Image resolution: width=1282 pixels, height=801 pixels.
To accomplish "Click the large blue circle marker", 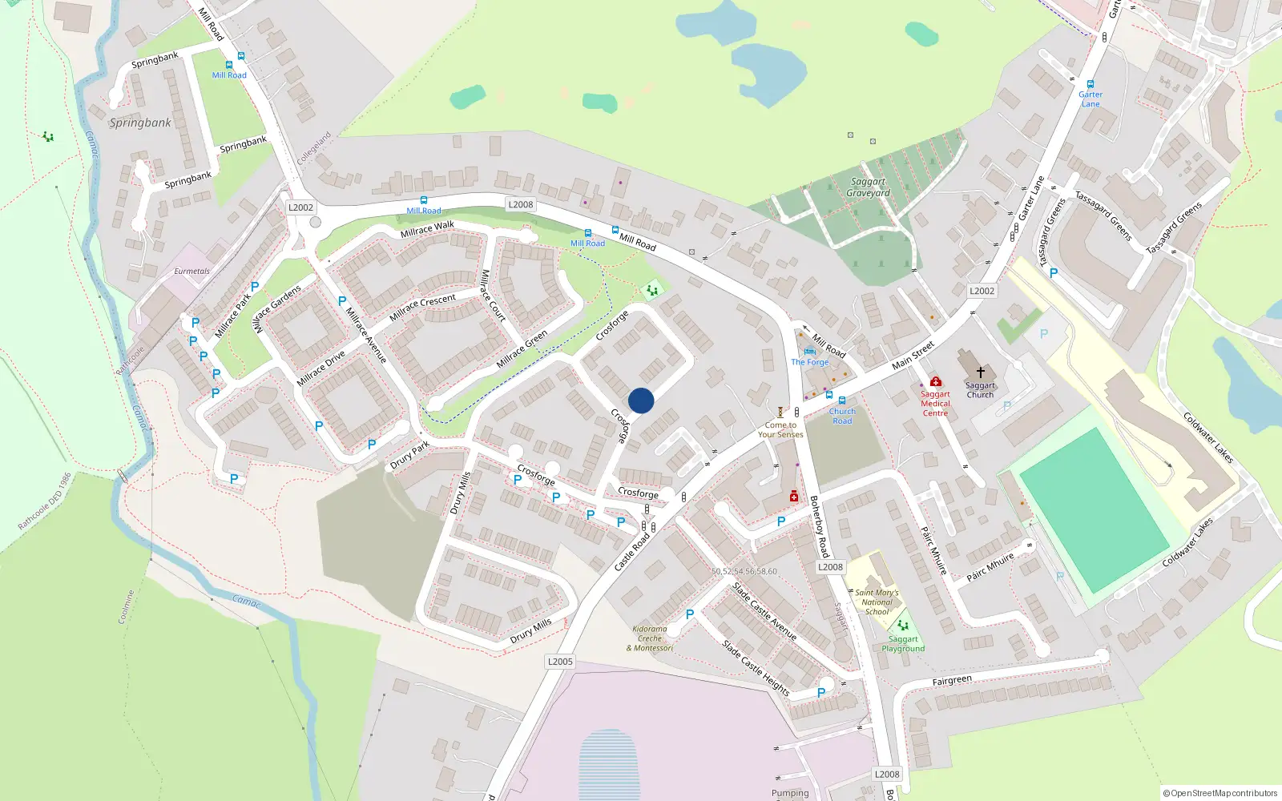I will pyautogui.click(x=641, y=400).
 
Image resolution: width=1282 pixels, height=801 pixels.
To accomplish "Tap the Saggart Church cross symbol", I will pyautogui.click(x=980, y=372).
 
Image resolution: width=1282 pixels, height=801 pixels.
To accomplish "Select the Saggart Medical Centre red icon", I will pyautogui.click(x=935, y=382).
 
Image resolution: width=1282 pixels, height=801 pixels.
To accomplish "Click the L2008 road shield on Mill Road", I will pyautogui.click(x=521, y=204).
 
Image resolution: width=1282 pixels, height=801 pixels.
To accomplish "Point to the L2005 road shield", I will pyautogui.click(x=560, y=661).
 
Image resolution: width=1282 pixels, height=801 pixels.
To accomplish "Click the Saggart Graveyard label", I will pyautogui.click(x=868, y=187).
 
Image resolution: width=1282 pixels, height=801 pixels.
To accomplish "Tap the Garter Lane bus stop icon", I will pyautogui.click(x=1090, y=84).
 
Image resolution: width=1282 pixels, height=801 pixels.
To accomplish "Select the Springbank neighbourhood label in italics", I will pyautogui.click(x=140, y=123).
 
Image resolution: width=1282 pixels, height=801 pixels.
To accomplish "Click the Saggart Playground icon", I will pyautogui.click(x=903, y=626).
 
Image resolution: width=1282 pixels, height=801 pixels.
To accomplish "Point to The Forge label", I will pyautogui.click(x=809, y=362).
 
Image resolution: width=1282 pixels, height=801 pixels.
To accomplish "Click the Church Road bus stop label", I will pyautogui.click(x=842, y=416).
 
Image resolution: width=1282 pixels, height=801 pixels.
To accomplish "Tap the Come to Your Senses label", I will pyautogui.click(x=780, y=430).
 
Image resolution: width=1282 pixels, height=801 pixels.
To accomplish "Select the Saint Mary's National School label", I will pyautogui.click(x=877, y=602).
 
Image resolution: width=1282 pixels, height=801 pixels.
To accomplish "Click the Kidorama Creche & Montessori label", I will pyautogui.click(x=650, y=638).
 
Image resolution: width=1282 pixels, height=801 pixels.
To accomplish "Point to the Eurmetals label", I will pyautogui.click(x=191, y=272).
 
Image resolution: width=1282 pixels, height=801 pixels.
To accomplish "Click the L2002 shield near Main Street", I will pyautogui.click(x=982, y=291).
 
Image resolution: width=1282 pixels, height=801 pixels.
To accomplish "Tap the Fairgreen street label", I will pyautogui.click(x=952, y=681).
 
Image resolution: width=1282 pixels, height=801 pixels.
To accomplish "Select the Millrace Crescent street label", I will pyautogui.click(x=422, y=308).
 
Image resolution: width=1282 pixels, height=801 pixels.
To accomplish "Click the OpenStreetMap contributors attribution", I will pyautogui.click(x=1220, y=793).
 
